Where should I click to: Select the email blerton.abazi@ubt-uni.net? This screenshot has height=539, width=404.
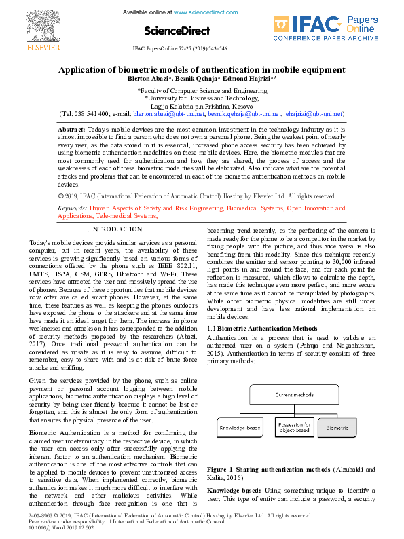[167, 114]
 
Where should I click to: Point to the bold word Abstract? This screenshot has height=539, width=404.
[71, 129]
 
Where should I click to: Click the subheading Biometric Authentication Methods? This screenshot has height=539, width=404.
[263, 329]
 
